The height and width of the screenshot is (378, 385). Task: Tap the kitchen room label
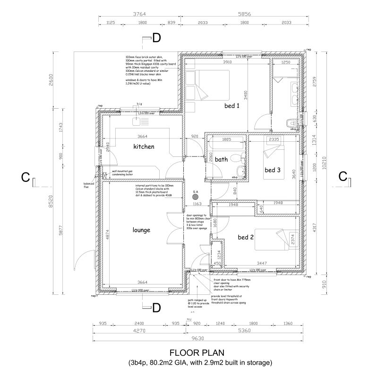(x=144, y=146)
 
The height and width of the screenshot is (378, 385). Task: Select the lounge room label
(x=141, y=230)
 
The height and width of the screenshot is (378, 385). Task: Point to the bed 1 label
(x=232, y=106)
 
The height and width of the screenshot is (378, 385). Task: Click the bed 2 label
(x=246, y=237)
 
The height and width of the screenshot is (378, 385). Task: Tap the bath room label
(x=222, y=160)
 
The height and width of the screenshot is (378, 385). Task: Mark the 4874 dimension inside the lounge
(x=107, y=235)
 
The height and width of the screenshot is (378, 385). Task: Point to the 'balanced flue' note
(x=86, y=185)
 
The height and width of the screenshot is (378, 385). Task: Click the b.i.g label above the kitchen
(x=139, y=103)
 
